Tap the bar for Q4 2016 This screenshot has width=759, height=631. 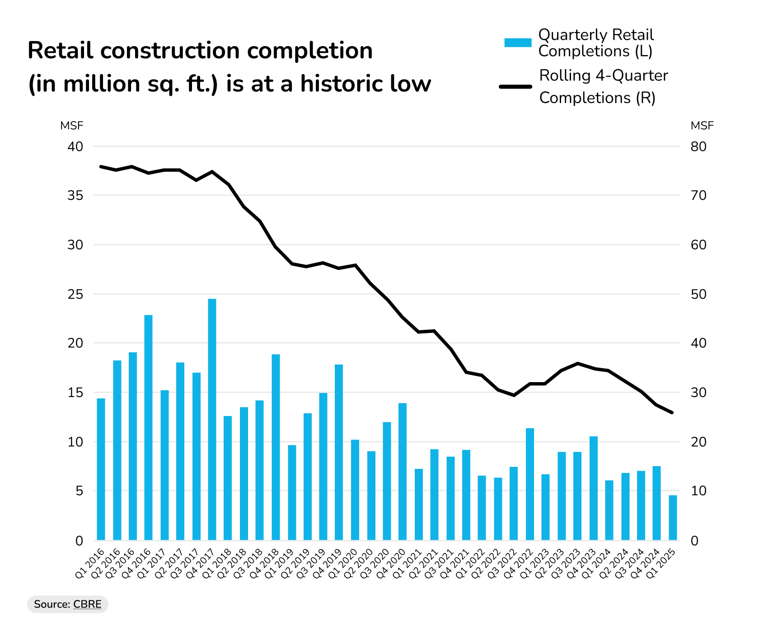[x=148, y=427]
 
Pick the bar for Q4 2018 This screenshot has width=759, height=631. [x=276, y=447]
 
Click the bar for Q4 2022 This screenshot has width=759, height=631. [x=530, y=484]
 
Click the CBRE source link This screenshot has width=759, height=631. [x=87, y=604]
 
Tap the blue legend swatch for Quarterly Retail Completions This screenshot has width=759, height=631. [x=518, y=43]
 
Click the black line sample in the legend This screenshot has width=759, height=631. [x=515, y=86]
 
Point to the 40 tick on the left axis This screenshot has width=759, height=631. [x=75, y=146]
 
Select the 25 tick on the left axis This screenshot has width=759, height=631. [x=75, y=294]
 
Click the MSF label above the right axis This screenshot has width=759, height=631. [x=702, y=126]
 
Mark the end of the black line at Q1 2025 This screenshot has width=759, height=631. [x=672, y=412]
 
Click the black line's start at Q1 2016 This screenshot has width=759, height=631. [x=101, y=167]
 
